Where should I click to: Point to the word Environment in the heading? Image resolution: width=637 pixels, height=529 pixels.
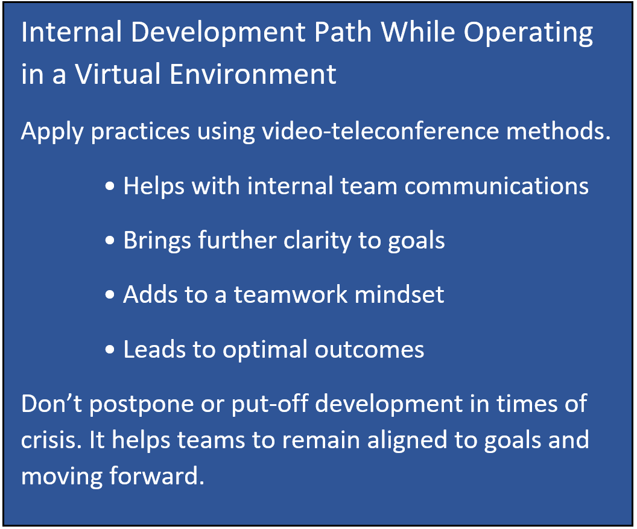click(x=253, y=74)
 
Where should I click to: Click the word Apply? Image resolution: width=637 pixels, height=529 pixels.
click(x=52, y=133)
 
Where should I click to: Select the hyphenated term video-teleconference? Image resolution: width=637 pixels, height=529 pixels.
click(x=380, y=131)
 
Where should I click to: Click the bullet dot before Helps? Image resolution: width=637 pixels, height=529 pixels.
click(x=110, y=186)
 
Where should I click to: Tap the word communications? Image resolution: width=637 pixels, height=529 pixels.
click(x=496, y=186)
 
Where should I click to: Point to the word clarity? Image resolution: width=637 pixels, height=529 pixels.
click(x=317, y=241)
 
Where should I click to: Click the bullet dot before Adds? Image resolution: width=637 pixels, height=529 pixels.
click(x=110, y=294)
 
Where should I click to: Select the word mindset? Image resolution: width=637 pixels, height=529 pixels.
click(x=399, y=294)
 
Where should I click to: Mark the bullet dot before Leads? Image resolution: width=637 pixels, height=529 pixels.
click(x=110, y=349)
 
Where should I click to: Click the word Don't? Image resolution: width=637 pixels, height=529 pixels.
click(x=52, y=404)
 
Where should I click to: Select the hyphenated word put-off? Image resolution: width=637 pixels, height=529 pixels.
click(x=270, y=405)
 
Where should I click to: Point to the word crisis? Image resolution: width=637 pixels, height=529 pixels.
click(x=49, y=440)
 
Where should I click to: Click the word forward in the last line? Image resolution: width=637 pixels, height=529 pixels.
click(x=157, y=476)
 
